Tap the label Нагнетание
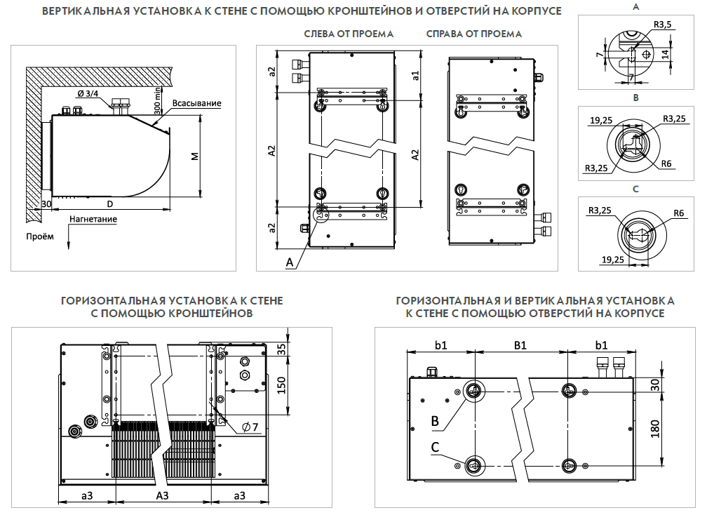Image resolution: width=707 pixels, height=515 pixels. coord(93,219)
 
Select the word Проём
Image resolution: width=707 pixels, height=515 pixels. coord(39,236)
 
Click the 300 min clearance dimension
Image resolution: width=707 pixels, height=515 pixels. coord(159,98)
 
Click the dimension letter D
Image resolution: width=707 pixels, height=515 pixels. coord(110,203)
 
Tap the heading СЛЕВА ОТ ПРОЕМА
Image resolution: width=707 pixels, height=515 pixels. coord(349,34)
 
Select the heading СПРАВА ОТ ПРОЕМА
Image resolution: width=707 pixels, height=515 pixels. coord(473,34)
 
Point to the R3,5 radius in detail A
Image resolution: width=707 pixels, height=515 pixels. coord(662,25)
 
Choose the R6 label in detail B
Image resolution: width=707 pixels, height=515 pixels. coord(666,164)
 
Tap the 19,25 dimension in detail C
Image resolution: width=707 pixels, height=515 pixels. coord(613,260)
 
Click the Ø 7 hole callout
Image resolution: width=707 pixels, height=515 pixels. coord(250,427)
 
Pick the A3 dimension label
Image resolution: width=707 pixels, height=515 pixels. coord(162,495)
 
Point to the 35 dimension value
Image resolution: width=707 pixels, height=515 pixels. coord(281,349)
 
